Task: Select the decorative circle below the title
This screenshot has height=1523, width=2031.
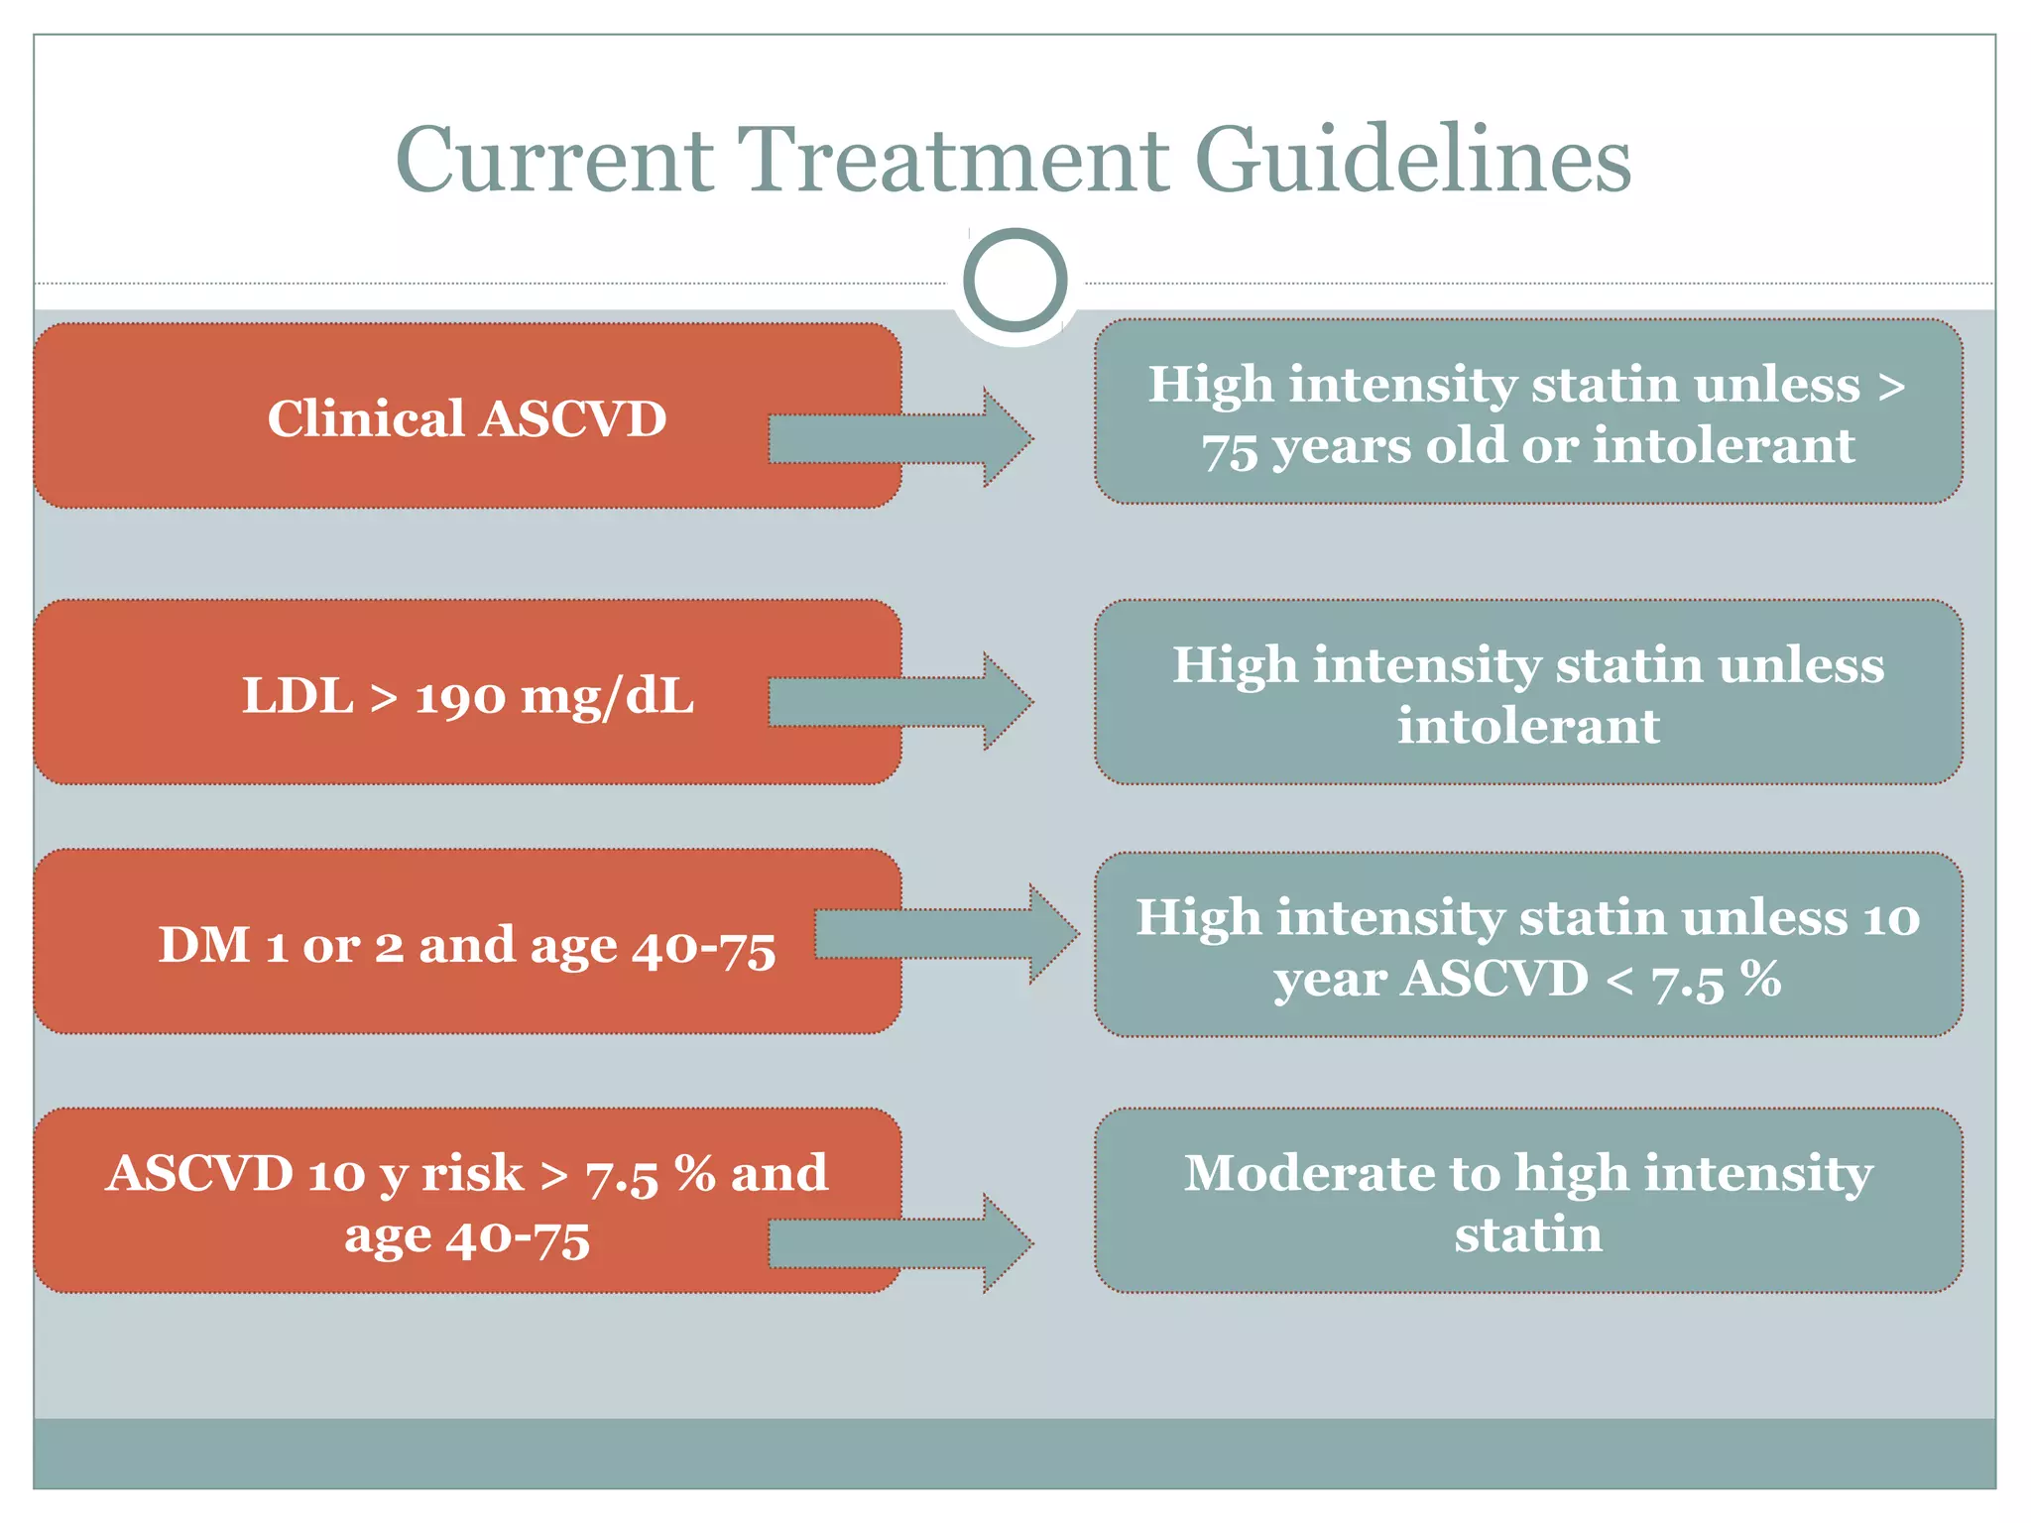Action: [1015, 281]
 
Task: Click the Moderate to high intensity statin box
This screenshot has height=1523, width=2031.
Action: [1528, 1202]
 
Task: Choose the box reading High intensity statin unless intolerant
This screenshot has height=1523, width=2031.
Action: [1528, 693]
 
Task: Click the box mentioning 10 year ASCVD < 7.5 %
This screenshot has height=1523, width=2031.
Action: [1528, 946]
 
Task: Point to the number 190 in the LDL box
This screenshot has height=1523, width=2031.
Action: [459, 697]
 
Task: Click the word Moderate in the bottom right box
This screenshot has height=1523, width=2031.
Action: [1308, 1173]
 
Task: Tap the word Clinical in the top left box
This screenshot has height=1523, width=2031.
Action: [366, 418]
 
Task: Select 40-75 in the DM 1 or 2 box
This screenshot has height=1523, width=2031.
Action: [703, 947]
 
